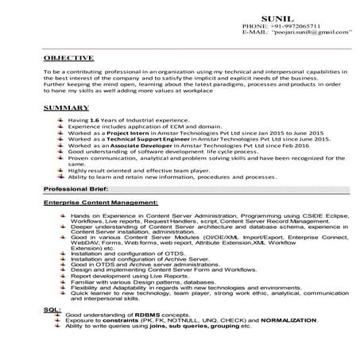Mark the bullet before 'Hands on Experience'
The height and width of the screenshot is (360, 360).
(61, 215)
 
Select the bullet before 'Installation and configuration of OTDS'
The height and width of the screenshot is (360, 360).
(61, 253)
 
